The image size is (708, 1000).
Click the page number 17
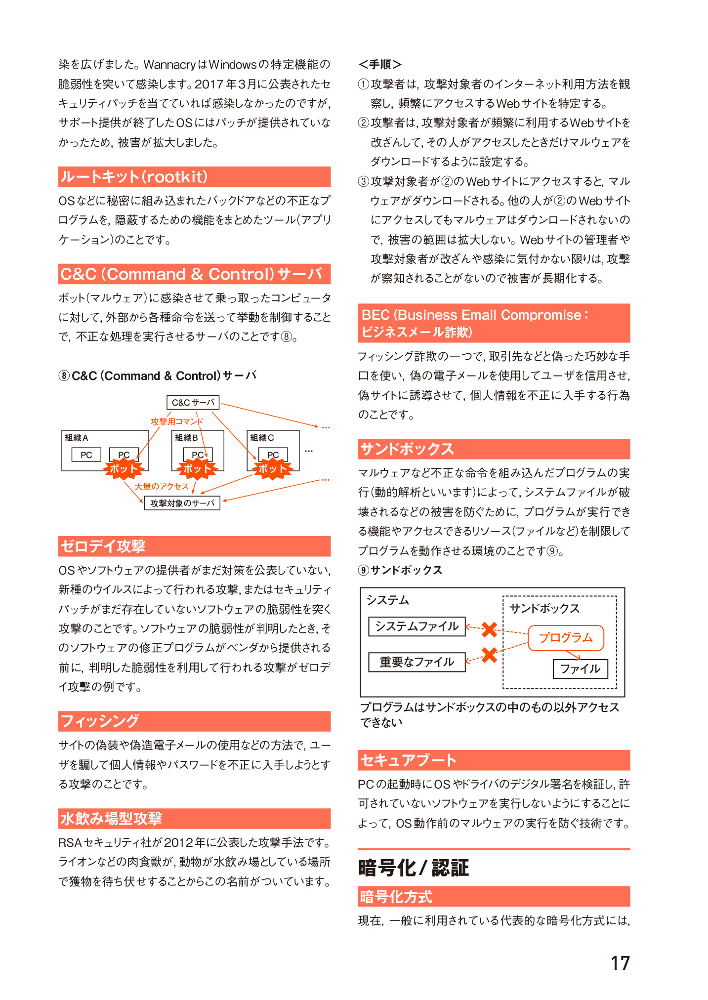[x=620, y=963]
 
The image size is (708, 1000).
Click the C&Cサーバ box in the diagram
[x=193, y=402]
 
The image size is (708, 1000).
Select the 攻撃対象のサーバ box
[x=182, y=503]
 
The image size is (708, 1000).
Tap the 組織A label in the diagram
[x=77, y=438]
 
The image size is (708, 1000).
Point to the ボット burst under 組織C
[x=272, y=469]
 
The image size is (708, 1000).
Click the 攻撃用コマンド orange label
[x=176, y=421]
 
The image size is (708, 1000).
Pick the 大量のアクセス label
[x=162, y=486]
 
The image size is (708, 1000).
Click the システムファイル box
[x=416, y=626]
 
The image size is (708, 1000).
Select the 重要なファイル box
[x=416, y=662]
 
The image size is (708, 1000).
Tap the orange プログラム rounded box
[x=566, y=637]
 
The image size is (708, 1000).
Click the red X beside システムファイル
[x=489, y=629]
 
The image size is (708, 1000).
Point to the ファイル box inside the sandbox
[x=580, y=668]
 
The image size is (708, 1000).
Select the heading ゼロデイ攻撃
[x=103, y=546]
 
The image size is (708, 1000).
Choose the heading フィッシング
[x=100, y=721]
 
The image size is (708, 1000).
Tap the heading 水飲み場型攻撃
[x=111, y=818]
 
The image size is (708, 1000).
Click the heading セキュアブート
[x=408, y=760]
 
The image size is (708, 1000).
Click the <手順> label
[x=379, y=64]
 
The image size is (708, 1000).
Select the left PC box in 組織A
[x=86, y=455]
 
